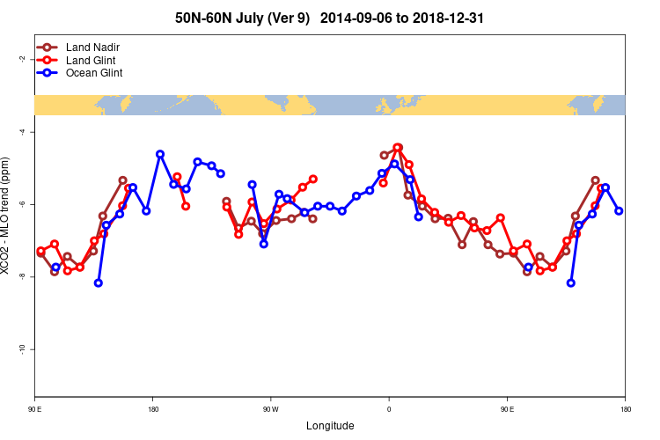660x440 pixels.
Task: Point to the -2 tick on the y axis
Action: point(20,59)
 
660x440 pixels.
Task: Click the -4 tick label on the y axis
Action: point(20,132)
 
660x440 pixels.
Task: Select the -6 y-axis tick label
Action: point(20,204)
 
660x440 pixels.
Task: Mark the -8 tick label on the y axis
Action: point(20,276)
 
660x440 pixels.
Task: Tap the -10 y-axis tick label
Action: point(20,349)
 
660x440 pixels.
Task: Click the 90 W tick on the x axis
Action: point(270,409)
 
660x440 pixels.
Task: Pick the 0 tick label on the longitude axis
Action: point(389,409)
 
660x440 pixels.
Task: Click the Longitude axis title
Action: point(330,426)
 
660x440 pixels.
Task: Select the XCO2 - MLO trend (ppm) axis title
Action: point(7,216)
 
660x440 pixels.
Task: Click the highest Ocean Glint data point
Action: point(160,154)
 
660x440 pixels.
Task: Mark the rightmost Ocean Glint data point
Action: point(620,211)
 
